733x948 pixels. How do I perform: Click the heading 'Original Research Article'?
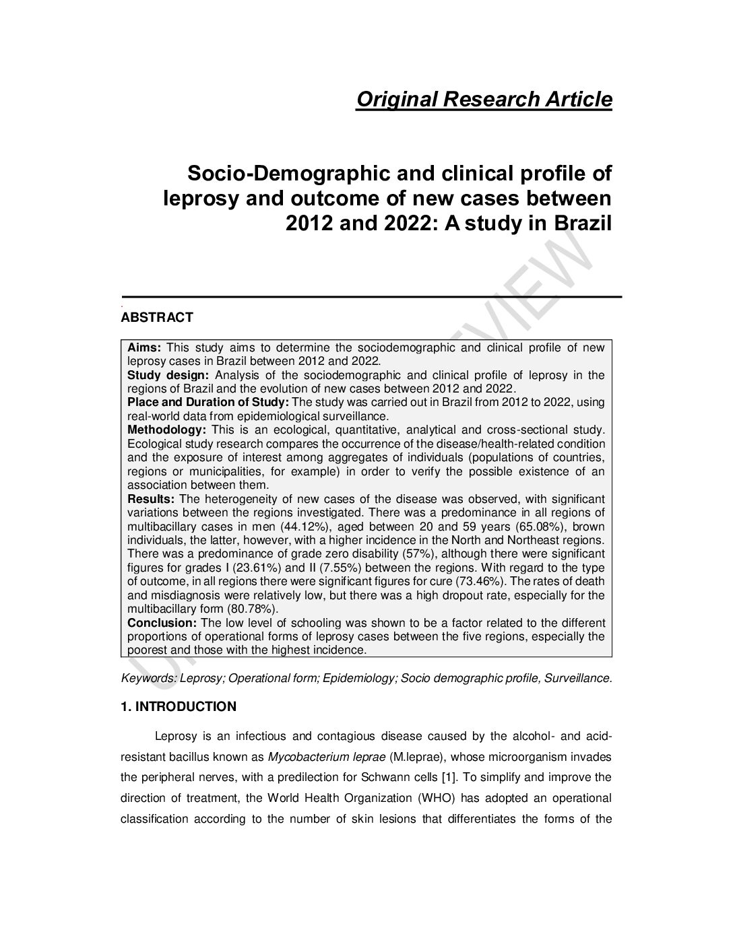tap(484, 100)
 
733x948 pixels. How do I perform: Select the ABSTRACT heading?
tap(157, 318)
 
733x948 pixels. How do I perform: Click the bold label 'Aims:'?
tap(144, 348)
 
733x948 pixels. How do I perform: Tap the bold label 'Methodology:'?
tap(166, 430)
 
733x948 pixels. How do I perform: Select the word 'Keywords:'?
tap(149, 679)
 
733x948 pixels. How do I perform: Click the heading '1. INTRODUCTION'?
tap(179, 707)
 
